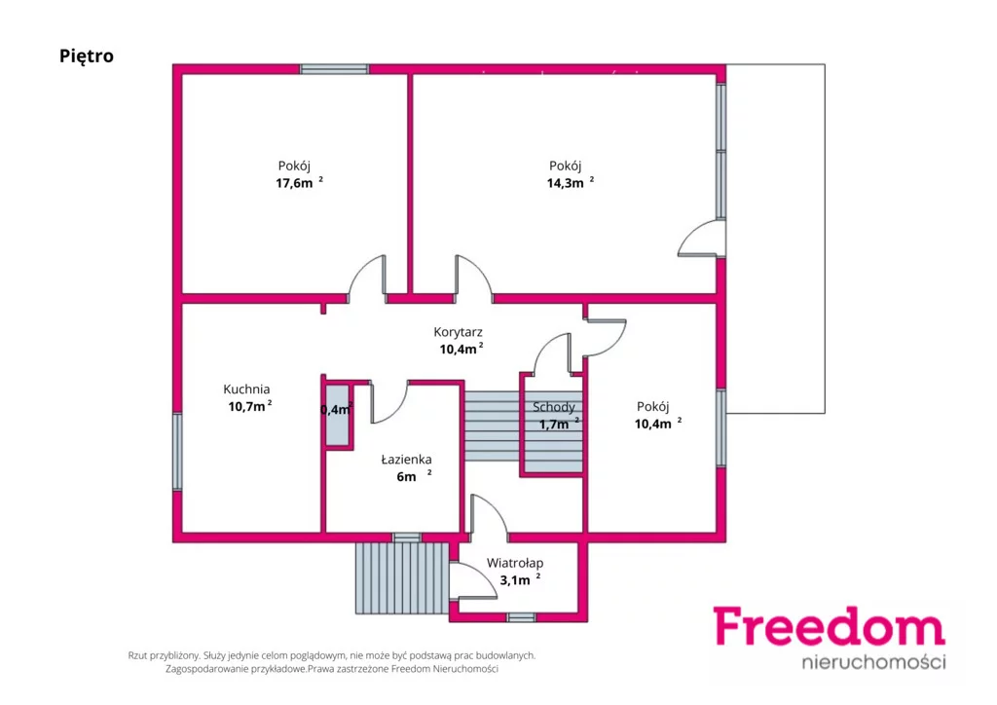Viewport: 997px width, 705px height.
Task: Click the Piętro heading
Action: click(x=87, y=56)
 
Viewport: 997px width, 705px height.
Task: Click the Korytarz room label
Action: click(x=458, y=332)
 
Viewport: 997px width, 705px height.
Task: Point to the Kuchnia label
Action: click(x=246, y=390)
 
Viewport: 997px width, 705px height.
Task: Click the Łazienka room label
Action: click(x=406, y=459)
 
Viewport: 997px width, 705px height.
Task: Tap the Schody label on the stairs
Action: click(x=554, y=407)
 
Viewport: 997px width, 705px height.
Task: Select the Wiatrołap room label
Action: click(x=515, y=563)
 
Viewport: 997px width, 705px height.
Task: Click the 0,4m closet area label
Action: click(x=336, y=409)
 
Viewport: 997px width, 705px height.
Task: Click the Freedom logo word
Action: click(x=829, y=627)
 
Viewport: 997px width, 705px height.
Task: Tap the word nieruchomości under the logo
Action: click(x=873, y=662)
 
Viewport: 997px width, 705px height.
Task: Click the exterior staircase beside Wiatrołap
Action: click(x=402, y=577)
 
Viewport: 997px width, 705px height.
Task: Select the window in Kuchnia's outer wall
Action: click(x=177, y=452)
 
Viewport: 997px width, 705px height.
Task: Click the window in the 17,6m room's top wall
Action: click(x=335, y=69)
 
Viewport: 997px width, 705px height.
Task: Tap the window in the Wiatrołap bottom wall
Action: click(x=522, y=616)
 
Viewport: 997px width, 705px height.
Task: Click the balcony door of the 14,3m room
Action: click(x=701, y=238)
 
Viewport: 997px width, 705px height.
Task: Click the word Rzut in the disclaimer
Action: click(x=139, y=655)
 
